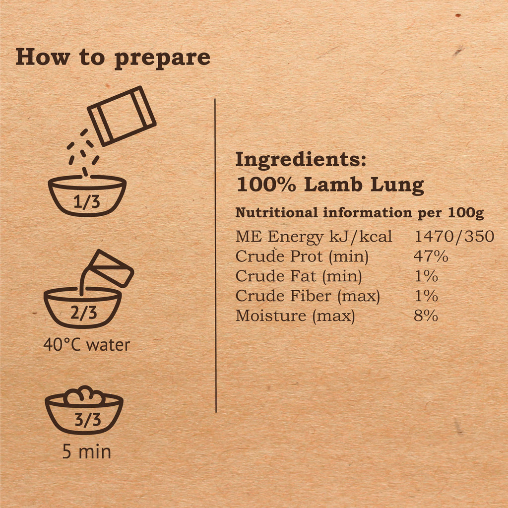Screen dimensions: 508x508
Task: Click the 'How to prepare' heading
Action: [x=113, y=59]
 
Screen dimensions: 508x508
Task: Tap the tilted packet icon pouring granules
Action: [x=122, y=116]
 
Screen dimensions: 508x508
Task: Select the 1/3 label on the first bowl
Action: [x=86, y=202]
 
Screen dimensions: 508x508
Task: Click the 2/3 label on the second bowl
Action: [x=83, y=313]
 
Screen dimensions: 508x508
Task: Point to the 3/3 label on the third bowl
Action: [x=88, y=420]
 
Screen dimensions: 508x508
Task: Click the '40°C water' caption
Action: [x=86, y=345]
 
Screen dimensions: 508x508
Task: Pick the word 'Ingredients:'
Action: [x=301, y=160]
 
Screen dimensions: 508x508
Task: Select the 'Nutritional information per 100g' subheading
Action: [x=360, y=213]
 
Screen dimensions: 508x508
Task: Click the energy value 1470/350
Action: [x=454, y=237]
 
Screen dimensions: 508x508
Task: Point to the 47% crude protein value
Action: [x=431, y=256]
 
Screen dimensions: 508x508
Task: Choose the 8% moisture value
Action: [x=426, y=316]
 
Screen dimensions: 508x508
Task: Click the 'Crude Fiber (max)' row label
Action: [x=308, y=296]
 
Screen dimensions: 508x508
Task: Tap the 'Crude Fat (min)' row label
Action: [x=298, y=276]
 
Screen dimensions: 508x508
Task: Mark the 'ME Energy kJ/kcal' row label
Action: [x=314, y=237]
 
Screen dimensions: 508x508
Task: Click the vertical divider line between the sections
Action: [x=215, y=255]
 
